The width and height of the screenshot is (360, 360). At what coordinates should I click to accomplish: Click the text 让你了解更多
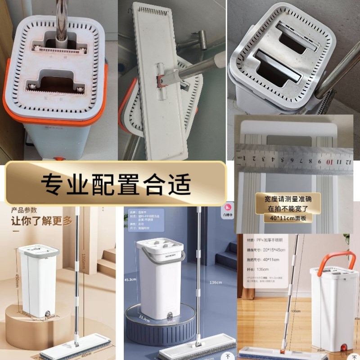[x=36, y=220]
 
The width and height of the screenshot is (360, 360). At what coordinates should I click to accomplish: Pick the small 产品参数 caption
[x=24, y=210]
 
